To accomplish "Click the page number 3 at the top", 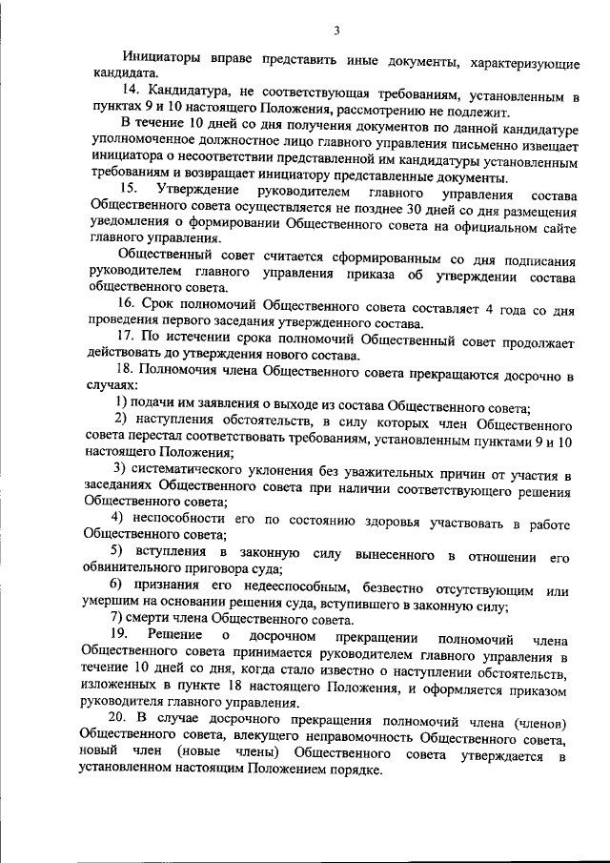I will [335, 30].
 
